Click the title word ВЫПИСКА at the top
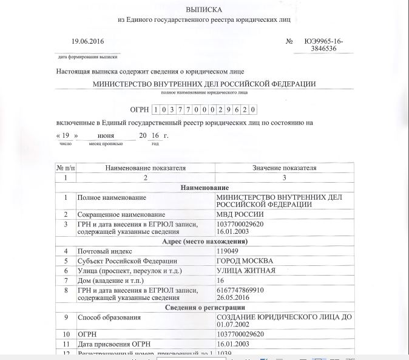tap(204, 10)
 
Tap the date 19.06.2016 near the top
tap(88, 41)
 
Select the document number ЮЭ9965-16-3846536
tap(324, 46)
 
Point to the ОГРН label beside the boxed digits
tap(140, 109)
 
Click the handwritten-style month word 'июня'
tap(106, 135)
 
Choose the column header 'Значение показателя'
tap(284, 168)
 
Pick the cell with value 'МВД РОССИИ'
tap(240, 215)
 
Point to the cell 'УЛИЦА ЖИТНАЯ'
tap(246, 270)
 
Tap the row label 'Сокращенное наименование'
tap(121, 215)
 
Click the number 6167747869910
tap(240, 290)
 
